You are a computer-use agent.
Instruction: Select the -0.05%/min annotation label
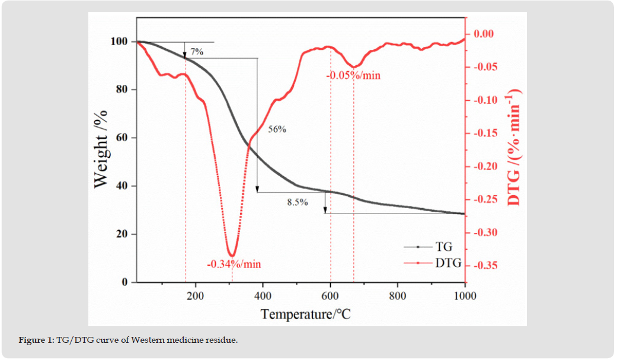click(353, 75)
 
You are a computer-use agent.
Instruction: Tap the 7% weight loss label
click(197, 52)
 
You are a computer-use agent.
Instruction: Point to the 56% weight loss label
click(277, 129)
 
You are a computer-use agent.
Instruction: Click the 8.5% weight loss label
click(298, 202)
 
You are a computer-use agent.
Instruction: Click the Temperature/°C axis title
click(305, 313)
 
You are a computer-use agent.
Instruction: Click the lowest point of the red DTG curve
click(232, 256)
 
